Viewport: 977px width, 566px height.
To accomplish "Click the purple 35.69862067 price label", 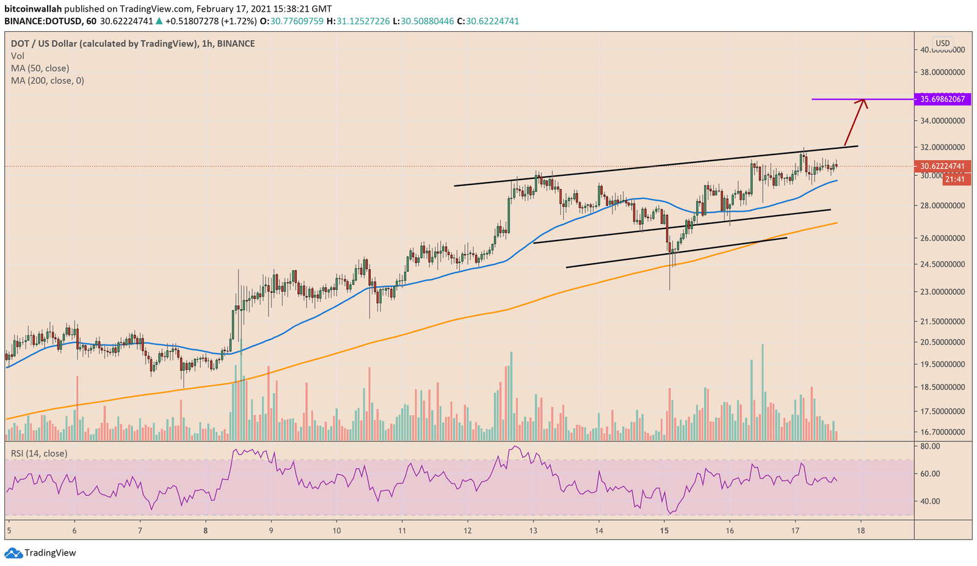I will pyautogui.click(x=942, y=99).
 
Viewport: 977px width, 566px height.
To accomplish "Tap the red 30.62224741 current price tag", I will pyautogui.click(x=942, y=166).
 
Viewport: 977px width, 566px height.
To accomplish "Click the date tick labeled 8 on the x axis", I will pyautogui.click(x=206, y=531).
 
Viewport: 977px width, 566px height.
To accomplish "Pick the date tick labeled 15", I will pyautogui.click(x=665, y=531).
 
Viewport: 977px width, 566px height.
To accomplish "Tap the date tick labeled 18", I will pyautogui.click(x=861, y=531).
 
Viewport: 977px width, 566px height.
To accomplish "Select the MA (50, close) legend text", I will pyautogui.click(x=40, y=68).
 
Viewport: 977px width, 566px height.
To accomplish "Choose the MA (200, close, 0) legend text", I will pyautogui.click(x=47, y=81).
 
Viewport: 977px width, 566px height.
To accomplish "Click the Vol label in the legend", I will pyautogui.click(x=18, y=56).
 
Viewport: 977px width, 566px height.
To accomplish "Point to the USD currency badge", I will pyautogui.click(x=943, y=43).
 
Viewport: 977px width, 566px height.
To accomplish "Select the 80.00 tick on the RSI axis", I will pyautogui.click(x=930, y=446).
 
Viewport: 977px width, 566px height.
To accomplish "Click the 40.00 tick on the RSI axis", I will pyautogui.click(x=930, y=501).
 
